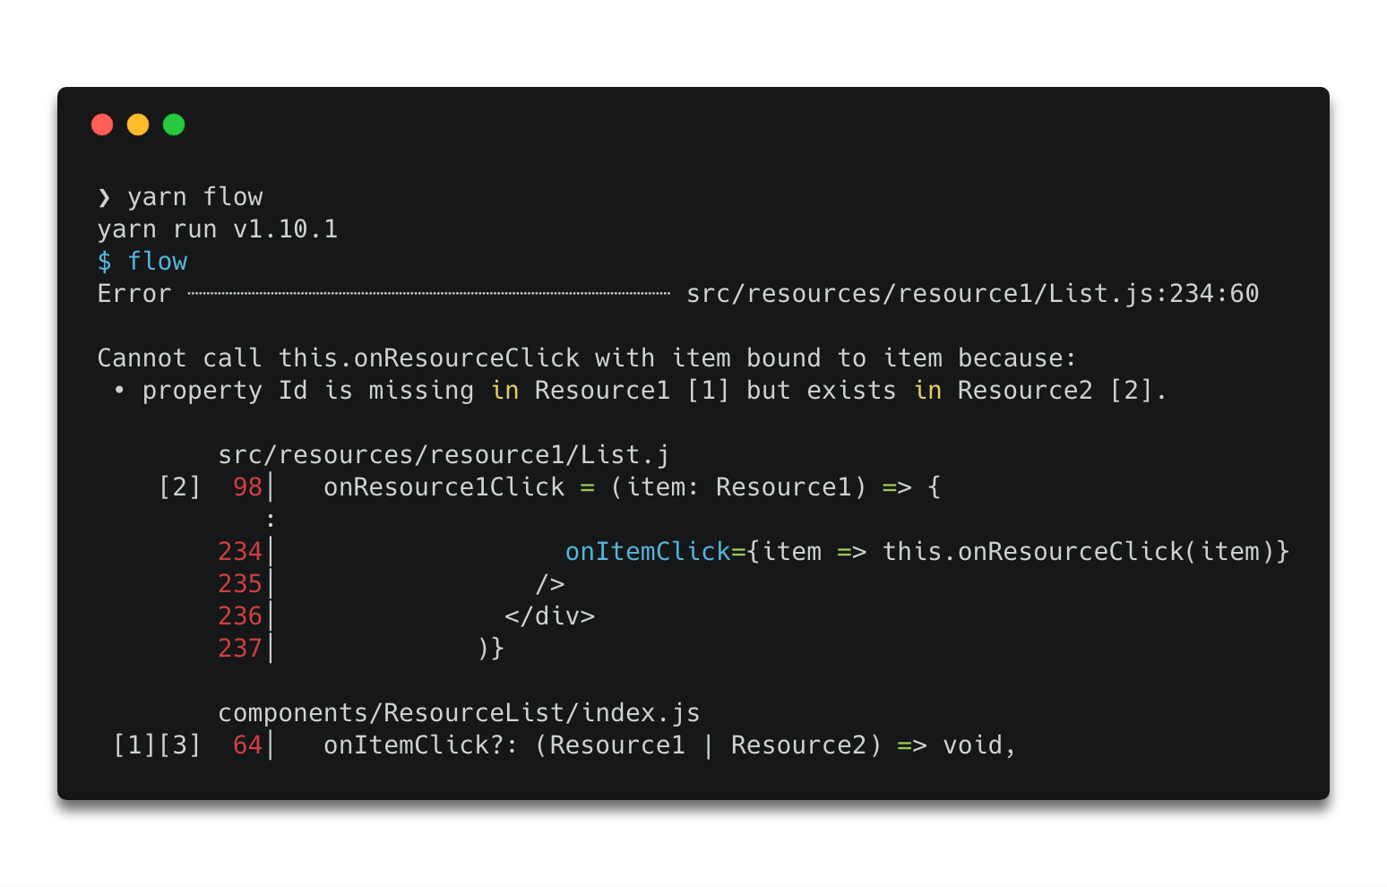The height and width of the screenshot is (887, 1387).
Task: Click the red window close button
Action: pyautogui.click(x=102, y=125)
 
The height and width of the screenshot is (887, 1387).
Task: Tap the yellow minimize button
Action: pyautogui.click(x=138, y=125)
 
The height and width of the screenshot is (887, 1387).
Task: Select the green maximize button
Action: pyautogui.click(x=174, y=125)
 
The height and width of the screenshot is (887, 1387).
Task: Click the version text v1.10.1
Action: pyautogui.click(x=286, y=229)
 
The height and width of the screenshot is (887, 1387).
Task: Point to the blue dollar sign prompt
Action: pyautogui.click(x=105, y=262)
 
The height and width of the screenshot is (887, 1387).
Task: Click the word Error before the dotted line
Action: pyautogui.click(x=134, y=294)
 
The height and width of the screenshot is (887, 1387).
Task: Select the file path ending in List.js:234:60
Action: pyautogui.click(x=973, y=294)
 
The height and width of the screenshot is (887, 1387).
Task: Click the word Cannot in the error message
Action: pyautogui.click(x=142, y=358)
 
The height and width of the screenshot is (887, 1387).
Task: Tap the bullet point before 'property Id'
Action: pyautogui.click(x=119, y=391)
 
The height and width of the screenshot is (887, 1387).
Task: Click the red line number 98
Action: pyautogui.click(x=247, y=487)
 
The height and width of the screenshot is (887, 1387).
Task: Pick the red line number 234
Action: pyautogui.click(x=240, y=552)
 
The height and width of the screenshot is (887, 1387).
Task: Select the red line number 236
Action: pyautogui.click(x=240, y=616)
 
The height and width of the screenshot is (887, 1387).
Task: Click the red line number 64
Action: pyautogui.click(x=247, y=745)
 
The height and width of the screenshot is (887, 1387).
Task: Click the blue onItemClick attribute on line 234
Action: pyautogui.click(x=649, y=552)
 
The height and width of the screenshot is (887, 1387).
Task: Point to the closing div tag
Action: pyautogui.click(x=550, y=616)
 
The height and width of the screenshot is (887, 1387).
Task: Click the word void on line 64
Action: pyautogui.click(x=973, y=745)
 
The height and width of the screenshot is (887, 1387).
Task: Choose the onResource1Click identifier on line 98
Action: pyautogui.click(x=444, y=487)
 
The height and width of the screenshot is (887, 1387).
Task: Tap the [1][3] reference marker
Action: pyautogui.click(x=158, y=745)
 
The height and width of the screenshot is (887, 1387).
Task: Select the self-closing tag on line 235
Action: pyautogui.click(x=550, y=583)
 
